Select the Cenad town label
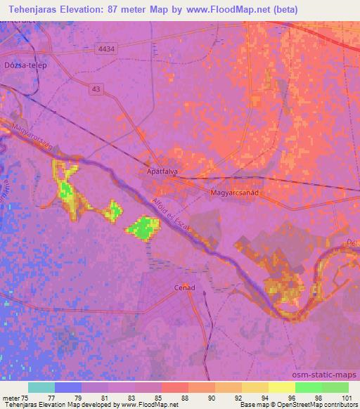tap(184, 287)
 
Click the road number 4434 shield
tap(108, 48)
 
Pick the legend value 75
tap(27, 398)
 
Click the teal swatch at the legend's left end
tap(41, 387)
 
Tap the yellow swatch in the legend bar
tap(281, 387)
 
